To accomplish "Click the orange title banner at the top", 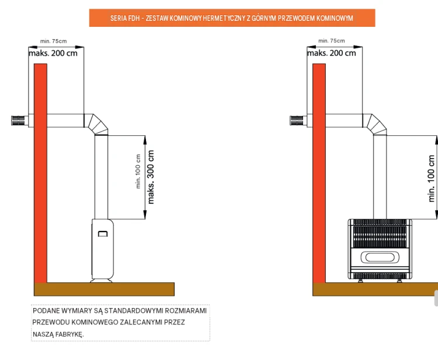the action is click(232, 18).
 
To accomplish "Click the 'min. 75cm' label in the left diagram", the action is click(53, 41).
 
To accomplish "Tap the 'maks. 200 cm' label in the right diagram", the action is click(332, 53).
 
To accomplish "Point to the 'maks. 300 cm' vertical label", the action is click(151, 177).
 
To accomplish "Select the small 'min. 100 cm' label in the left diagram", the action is click(138, 172).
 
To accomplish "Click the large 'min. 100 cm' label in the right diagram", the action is click(432, 179).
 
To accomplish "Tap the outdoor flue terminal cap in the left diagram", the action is click(18, 120).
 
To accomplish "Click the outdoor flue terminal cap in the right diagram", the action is click(297, 120).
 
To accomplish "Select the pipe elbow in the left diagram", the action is click(96, 124).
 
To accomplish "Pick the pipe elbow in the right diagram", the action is click(374, 124).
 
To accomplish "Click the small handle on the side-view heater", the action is click(103, 233).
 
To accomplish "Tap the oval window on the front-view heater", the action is click(380, 257).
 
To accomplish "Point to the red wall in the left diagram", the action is click(40, 173).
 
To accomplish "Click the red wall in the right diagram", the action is click(319, 173).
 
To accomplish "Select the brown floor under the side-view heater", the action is click(104, 289).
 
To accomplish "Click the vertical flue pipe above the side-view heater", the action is click(101, 177).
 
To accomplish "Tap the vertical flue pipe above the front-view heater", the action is click(380, 177).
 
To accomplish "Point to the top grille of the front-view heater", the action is click(380, 233).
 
